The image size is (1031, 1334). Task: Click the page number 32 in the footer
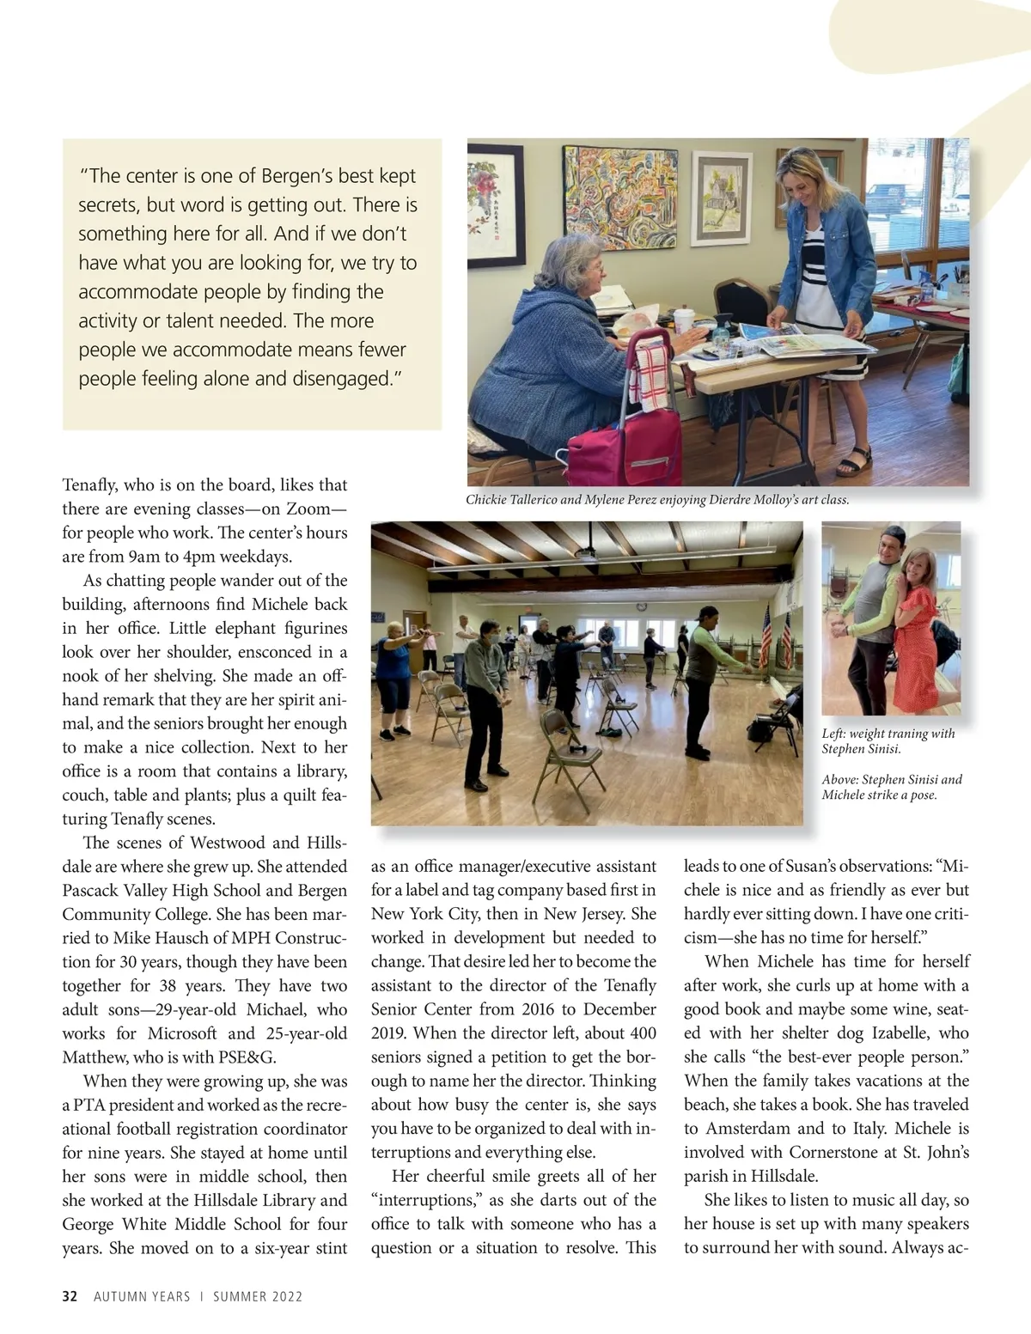tap(70, 1296)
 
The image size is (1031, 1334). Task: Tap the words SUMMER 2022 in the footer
tap(258, 1296)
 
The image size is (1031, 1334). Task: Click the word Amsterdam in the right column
tap(747, 1129)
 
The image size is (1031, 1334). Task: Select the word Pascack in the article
tap(95, 891)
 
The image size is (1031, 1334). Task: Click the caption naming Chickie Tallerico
tap(657, 500)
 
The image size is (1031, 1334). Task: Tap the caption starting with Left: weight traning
tap(888, 740)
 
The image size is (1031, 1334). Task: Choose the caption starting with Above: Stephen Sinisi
tap(891, 787)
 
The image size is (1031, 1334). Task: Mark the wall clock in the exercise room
tap(642, 606)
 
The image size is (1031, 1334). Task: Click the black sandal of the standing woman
tap(854, 461)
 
